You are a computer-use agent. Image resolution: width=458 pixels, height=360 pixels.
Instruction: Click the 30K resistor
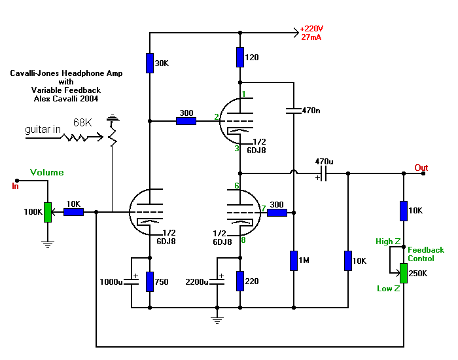click(x=150, y=63)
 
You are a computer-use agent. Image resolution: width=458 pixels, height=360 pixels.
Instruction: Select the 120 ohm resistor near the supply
click(x=241, y=57)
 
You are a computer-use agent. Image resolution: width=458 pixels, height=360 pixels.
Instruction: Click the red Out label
click(x=421, y=168)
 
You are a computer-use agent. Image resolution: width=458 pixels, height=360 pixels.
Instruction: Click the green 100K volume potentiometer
click(x=47, y=212)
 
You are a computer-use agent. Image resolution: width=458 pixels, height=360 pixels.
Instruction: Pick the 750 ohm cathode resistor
click(x=150, y=281)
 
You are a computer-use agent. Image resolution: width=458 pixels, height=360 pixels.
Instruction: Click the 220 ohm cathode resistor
click(x=241, y=281)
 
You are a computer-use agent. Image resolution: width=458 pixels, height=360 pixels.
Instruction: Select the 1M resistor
click(x=294, y=260)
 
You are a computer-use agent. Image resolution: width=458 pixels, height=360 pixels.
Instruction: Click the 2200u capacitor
click(x=218, y=281)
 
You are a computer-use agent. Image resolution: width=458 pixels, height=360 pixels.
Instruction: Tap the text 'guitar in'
click(x=43, y=130)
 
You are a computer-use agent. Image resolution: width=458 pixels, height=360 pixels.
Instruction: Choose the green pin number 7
click(x=263, y=209)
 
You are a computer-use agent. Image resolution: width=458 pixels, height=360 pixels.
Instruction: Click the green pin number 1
click(x=243, y=94)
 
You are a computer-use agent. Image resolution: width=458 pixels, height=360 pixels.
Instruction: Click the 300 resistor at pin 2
click(x=186, y=120)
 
